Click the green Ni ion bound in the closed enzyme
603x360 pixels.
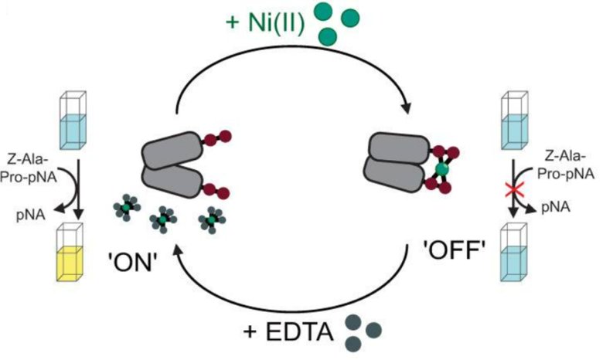(x=441, y=168)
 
